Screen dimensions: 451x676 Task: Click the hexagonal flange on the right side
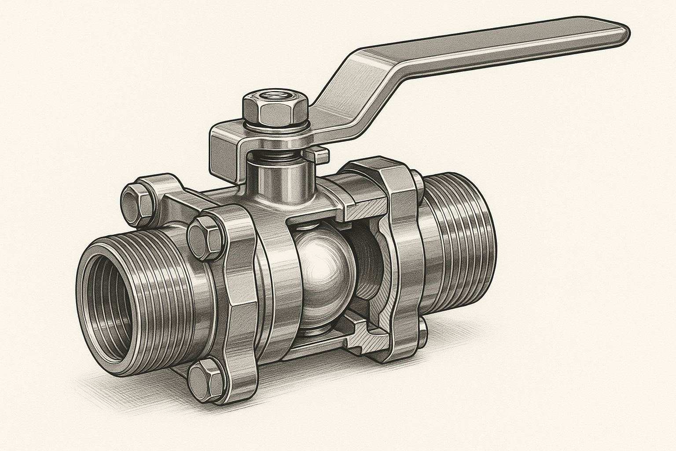tap(400, 247)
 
